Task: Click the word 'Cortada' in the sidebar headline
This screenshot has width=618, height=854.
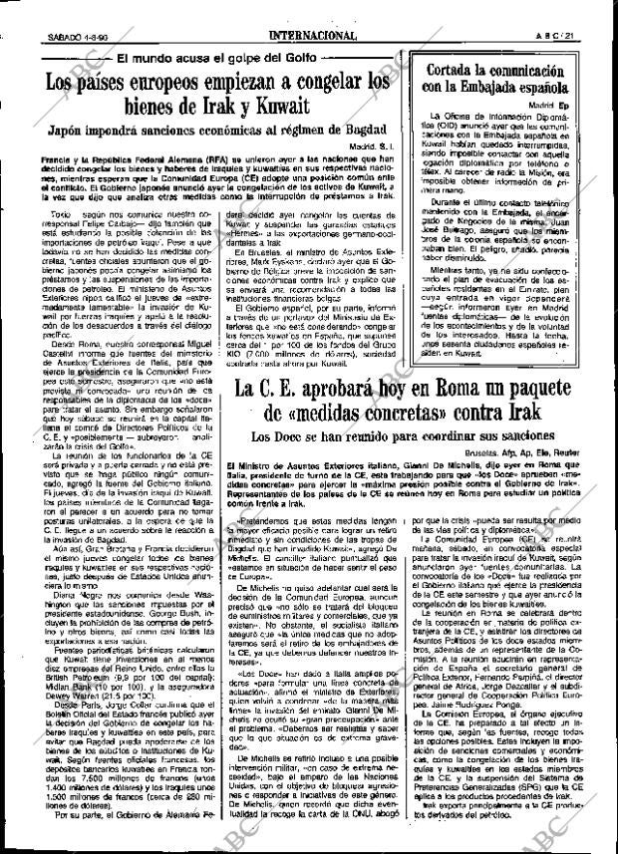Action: (x=460, y=73)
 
